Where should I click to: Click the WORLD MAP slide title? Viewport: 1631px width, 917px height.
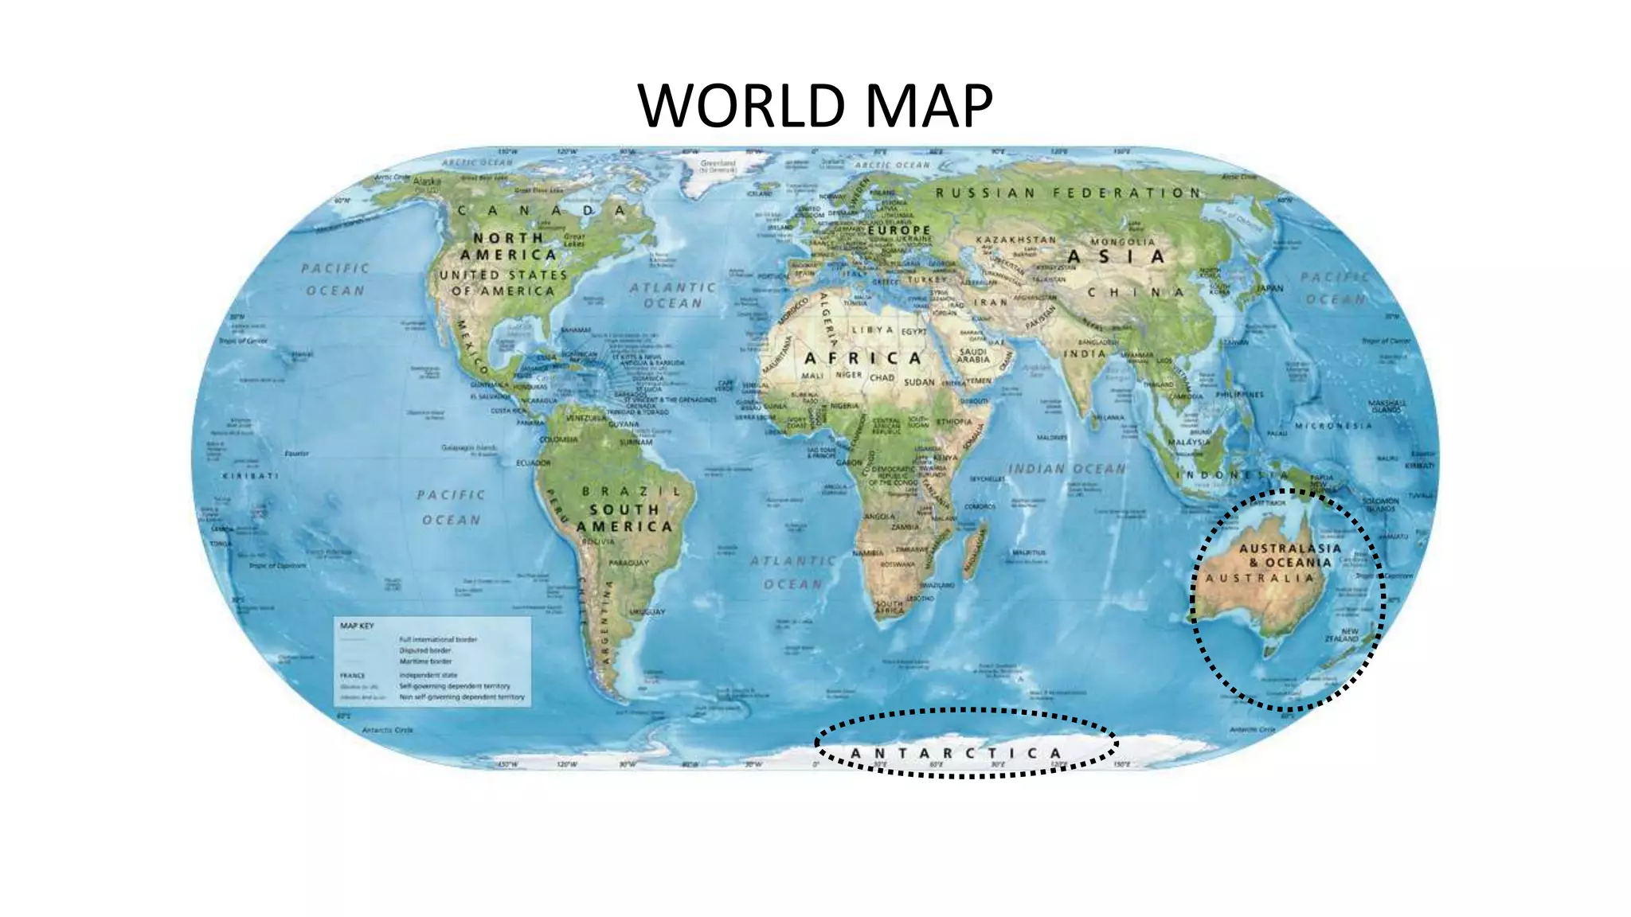point(815,105)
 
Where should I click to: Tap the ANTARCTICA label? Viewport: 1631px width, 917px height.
point(956,753)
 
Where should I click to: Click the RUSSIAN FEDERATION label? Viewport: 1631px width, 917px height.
point(1068,193)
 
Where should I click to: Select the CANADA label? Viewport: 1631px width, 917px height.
point(542,211)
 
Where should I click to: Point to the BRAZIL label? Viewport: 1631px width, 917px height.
point(632,491)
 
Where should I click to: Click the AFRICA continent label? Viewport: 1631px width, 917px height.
point(863,358)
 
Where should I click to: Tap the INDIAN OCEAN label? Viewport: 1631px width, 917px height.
point(1067,469)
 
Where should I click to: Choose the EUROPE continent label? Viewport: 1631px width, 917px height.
point(899,230)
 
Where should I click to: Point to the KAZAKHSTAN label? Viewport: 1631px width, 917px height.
point(1016,240)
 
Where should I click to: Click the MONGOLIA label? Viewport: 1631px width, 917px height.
point(1123,241)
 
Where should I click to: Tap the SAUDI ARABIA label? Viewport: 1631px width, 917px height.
point(973,355)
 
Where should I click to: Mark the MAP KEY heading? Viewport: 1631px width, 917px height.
point(357,626)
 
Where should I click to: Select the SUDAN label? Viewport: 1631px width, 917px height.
point(919,382)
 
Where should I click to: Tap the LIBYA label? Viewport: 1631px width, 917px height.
point(873,330)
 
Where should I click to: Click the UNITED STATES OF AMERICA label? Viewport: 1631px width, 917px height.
point(503,283)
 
